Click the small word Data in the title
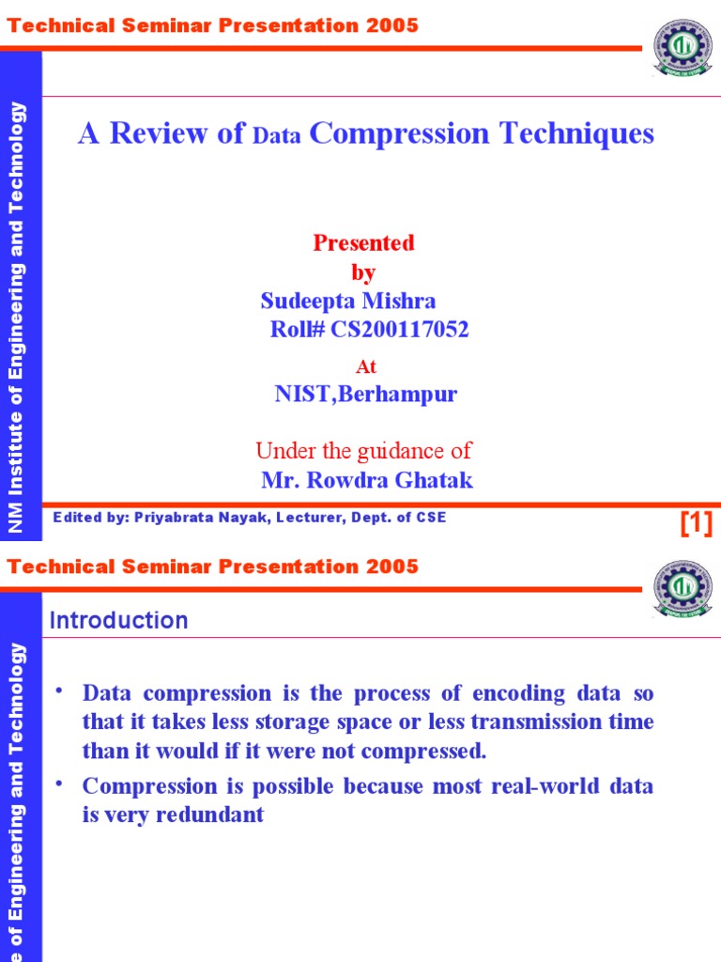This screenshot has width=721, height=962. [276, 136]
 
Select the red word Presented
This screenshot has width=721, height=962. [363, 243]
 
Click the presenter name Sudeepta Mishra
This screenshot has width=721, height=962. [348, 301]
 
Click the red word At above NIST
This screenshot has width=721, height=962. [365, 367]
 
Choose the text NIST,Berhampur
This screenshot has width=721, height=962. [365, 394]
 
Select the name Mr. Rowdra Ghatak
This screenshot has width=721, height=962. [367, 481]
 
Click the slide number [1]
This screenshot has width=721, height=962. [696, 523]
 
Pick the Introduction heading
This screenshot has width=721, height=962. [118, 620]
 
